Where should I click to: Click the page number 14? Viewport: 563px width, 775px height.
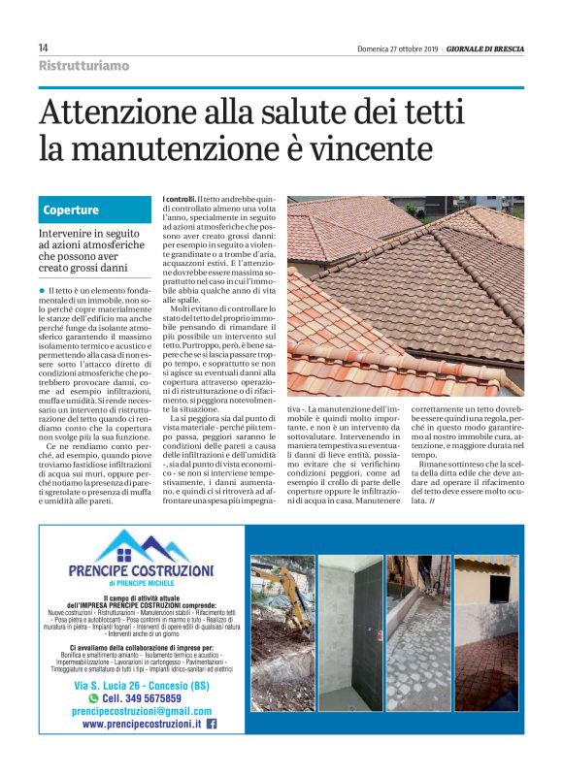(44, 48)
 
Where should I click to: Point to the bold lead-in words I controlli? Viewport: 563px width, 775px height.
(179, 199)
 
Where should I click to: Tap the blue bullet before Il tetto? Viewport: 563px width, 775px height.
(44, 290)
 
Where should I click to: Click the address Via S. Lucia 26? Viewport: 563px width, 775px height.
(113, 683)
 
